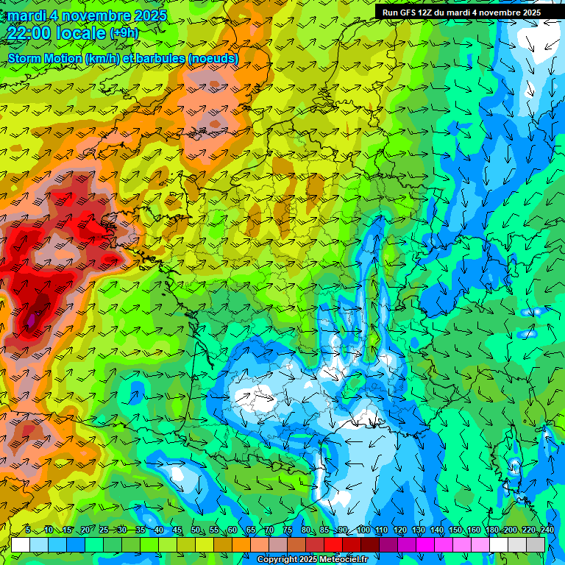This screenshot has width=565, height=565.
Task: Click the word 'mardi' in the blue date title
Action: (26, 15)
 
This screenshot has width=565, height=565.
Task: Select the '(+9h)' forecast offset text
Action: (124, 33)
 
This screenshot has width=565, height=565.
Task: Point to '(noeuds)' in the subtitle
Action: (213, 58)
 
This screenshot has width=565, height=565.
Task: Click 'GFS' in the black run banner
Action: (409, 13)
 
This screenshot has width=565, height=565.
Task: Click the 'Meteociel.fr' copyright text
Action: (342, 560)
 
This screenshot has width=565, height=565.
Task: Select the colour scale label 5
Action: (28, 530)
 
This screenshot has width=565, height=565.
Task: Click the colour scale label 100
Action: (363, 530)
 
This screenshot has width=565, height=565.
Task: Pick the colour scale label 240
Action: (547, 530)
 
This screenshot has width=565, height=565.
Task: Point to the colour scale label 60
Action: (232, 530)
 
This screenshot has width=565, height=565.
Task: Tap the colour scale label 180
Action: (491, 530)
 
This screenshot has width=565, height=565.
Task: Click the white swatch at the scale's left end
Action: (21, 544)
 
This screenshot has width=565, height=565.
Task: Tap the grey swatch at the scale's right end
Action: (536, 544)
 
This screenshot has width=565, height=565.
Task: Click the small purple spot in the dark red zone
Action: (32, 320)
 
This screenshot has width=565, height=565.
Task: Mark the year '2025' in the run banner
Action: (528, 13)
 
